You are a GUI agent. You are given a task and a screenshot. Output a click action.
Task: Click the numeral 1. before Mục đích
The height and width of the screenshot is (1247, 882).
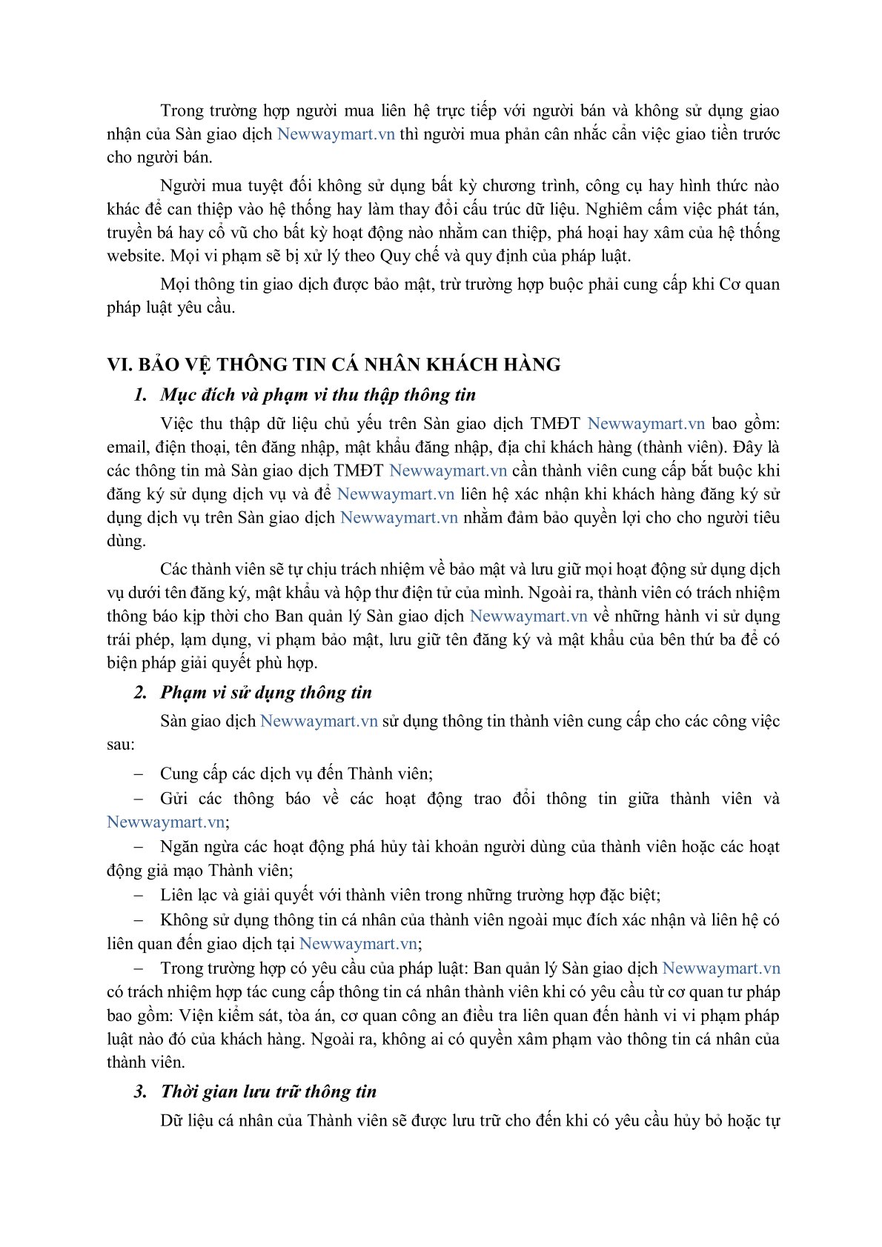[x=141, y=395]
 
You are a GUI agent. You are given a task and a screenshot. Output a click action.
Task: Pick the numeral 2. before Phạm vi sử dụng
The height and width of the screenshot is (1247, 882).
[x=141, y=693]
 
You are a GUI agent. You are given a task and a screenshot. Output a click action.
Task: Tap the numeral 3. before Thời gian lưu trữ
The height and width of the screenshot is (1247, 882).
[x=141, y=1091]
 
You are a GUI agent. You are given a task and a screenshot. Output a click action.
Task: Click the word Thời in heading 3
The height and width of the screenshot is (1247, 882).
[x=182, y=1091]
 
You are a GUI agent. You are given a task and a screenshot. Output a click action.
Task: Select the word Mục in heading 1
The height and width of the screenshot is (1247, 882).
[x=178, y=395]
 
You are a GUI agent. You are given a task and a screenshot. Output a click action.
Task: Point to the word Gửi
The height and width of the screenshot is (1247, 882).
[x=174, y=799]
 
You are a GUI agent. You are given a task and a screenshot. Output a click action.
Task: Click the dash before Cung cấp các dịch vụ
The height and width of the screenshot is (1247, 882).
[x=138, y=774]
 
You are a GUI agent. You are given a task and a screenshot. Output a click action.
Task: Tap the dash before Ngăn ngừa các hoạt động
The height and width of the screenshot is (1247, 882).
[x=138, y=847]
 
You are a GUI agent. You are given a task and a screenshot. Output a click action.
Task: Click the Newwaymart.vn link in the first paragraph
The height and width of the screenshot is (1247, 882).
[x=336, y=134]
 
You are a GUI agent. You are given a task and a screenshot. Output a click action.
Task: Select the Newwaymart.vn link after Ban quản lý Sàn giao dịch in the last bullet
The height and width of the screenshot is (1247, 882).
[x=720, y=968]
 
